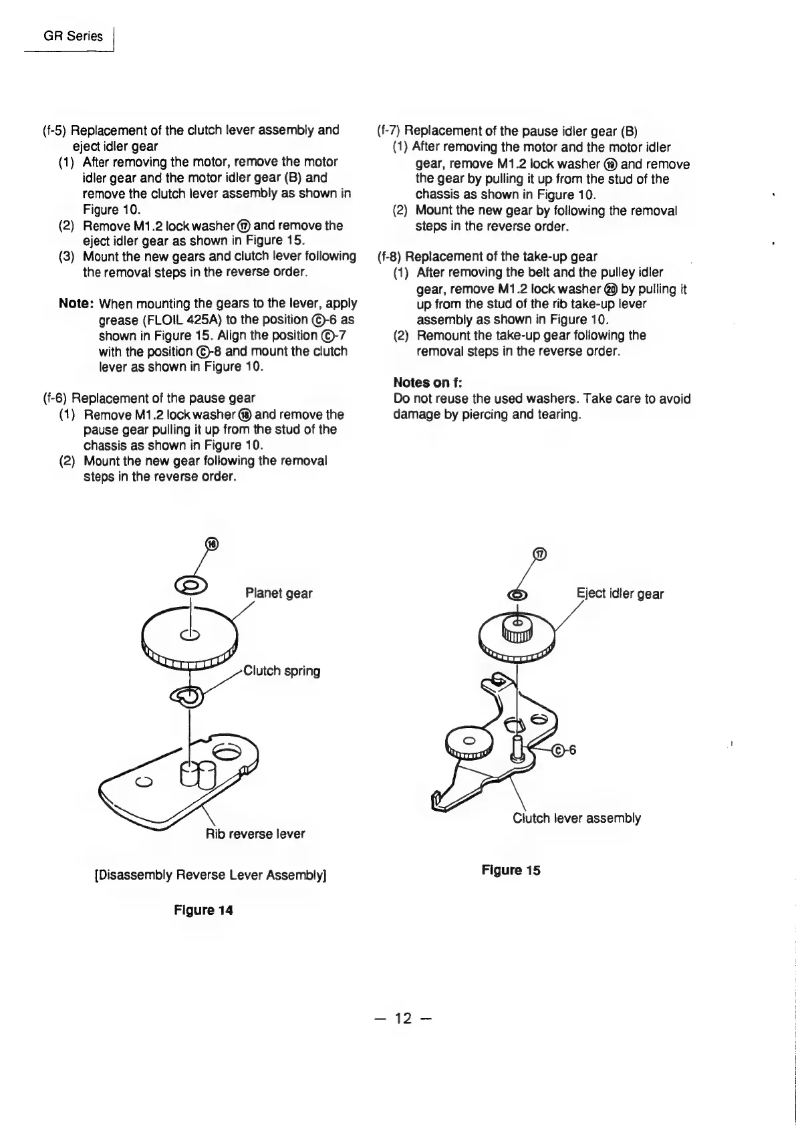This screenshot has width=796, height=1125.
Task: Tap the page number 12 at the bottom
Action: (404, 1018)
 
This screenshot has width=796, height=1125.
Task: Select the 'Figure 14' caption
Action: (203, 910)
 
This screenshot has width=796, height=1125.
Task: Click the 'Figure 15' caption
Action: (511, 870)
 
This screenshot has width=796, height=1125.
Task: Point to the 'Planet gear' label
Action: (279, 593)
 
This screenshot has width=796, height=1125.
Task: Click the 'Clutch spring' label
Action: (281, 670)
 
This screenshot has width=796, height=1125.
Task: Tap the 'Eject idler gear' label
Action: (620, 594)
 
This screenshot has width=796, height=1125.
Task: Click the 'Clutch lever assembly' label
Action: (576, 818)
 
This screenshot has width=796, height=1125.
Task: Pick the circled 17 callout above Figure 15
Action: (540, 553)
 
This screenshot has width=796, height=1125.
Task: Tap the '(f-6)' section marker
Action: (54, 398)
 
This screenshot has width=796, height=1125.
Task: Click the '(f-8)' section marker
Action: (390, 257)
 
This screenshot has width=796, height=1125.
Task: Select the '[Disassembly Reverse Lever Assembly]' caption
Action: (211, 874)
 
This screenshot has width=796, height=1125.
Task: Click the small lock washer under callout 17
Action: (517, 595)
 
